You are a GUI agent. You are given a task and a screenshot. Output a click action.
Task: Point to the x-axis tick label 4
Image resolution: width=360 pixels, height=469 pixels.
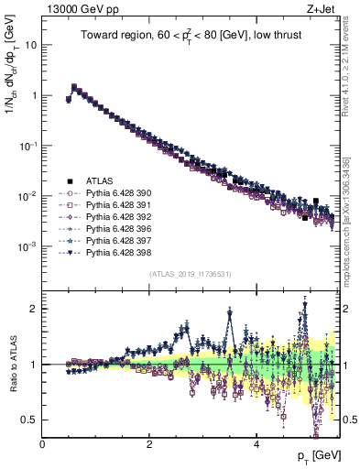click(256, 443)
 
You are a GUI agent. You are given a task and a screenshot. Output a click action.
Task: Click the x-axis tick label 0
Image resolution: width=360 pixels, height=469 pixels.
click(43, 443)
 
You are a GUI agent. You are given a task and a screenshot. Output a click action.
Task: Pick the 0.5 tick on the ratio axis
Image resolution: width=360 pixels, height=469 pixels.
click(29, 420)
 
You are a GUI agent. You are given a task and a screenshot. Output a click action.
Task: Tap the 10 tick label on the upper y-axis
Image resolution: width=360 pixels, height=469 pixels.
click(28, 44)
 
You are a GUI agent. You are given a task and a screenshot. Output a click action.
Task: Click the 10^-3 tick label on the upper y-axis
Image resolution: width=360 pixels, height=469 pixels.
click(27, 246)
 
